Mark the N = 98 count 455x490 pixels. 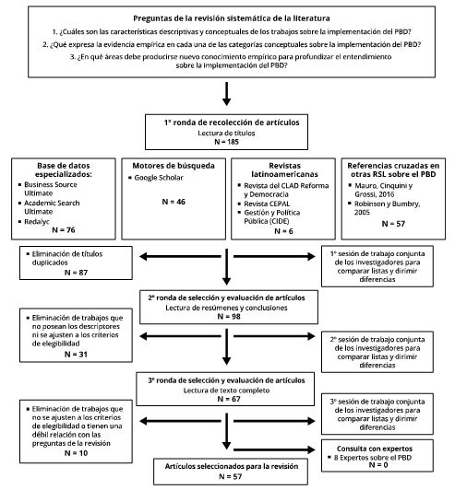point(227,316)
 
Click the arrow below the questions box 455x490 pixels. point(227,93)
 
